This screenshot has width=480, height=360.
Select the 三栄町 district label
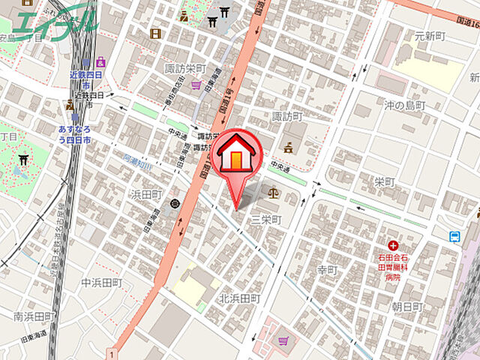265,220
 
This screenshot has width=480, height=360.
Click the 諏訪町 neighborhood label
287,117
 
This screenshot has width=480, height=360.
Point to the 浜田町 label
146,194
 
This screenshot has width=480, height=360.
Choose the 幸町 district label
328,269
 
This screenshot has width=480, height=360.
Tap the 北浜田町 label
239,298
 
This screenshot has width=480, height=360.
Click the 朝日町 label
407,307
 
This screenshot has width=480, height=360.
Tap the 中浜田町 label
101,283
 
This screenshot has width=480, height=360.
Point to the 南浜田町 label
34,316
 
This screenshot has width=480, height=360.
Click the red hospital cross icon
393,245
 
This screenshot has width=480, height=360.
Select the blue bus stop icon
454,237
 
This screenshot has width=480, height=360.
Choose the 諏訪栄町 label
185,68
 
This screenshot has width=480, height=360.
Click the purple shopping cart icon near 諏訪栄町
197,85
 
